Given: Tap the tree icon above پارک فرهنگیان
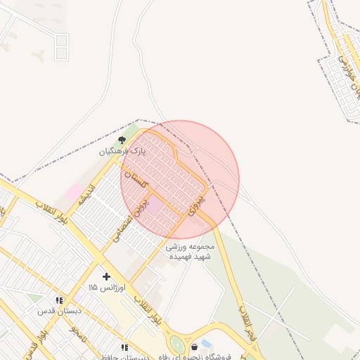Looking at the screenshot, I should point(121,140).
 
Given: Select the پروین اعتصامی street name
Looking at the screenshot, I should point(131,221).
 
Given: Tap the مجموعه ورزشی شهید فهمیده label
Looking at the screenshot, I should point(185,251).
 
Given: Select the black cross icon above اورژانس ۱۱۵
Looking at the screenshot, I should point(106,276).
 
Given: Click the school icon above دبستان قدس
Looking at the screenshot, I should point(59,300).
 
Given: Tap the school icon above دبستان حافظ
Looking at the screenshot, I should point(124,347).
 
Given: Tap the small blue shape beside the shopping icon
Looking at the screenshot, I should point(205,343).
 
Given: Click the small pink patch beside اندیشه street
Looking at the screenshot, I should point(73,191).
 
